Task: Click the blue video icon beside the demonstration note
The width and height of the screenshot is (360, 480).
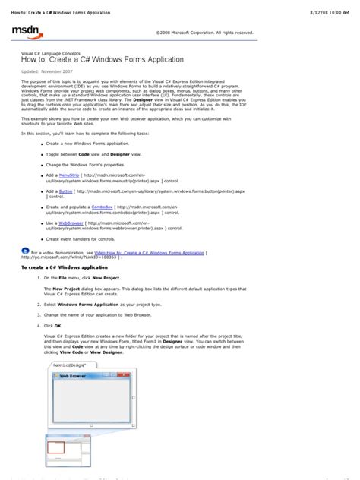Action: (26, 250)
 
